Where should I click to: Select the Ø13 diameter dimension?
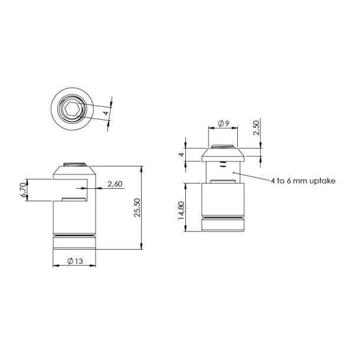pos(74,261)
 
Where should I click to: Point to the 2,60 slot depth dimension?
pos(114,184)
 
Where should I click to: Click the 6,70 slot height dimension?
pos(22,190)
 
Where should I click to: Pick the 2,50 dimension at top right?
pos(256,128)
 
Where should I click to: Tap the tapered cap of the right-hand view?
pos(223,155)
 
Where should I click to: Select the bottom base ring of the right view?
pos(223,226)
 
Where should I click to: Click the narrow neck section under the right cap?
pos(223,172)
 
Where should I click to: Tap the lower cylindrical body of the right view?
pos(223,199)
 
